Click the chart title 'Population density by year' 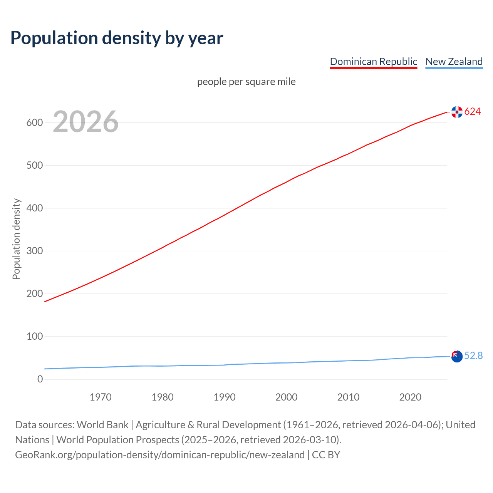pos(117,38)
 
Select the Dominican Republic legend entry pos(373,62)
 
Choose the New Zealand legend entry pos(454,62)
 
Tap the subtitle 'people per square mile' pos(246,82)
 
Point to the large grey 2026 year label pos(86,122)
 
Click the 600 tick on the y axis pos(34,122)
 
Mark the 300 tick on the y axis pos(34,251)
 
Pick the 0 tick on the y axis pos(40,379)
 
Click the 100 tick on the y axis pos(34,336)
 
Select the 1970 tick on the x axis pos(101,397)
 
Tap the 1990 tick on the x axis pos(225,397)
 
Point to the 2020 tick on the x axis pos(410,397)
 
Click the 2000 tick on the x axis pos(286,397)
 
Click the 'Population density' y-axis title pos(16,239)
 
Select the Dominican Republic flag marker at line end pos(457,112)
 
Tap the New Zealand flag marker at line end pos(457,356)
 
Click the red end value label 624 pos(473,112)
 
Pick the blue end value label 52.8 pos(473,356)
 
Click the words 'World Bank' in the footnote pos(102,425)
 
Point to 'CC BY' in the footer pos(326,455)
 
